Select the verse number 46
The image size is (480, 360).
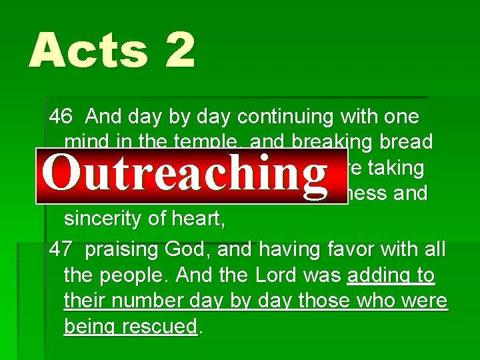pos(61,117)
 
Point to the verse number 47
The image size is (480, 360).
pos(61,250)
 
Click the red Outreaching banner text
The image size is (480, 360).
pos(185,171)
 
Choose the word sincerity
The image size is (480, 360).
pos(107,219)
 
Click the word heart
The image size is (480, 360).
pos(200,219)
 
